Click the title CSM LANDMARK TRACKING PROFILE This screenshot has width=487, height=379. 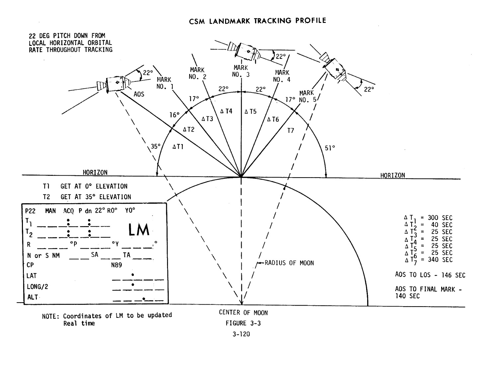point(258,21)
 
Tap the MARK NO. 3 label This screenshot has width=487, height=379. point(241,71)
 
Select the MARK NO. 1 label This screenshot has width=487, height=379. point(164,83)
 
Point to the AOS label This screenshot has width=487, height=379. point(139,94)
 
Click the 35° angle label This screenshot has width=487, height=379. point(156,146)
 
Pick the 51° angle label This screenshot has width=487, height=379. point(330,148)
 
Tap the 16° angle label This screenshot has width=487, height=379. point(175,115)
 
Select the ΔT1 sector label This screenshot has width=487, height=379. point(178,147)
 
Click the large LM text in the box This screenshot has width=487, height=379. point(139,230)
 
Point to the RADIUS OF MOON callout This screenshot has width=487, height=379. point(289,263)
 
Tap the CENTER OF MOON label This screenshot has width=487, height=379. point(243,313)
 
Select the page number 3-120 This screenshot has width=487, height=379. point(241,334)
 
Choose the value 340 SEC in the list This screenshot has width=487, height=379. point(440,260)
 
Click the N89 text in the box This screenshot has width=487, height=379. point(117,265)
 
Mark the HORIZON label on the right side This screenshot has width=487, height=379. point(392,175)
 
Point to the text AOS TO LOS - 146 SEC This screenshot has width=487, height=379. point(430,275)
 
